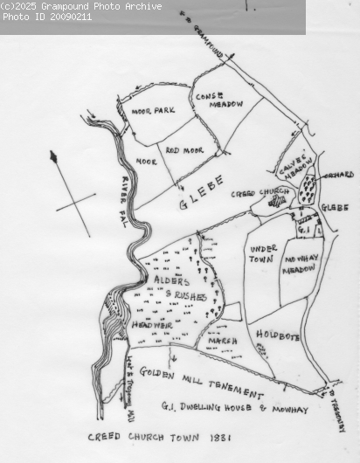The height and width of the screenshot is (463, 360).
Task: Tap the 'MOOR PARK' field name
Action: (153, 111)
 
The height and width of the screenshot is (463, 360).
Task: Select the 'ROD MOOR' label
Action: (184, 150)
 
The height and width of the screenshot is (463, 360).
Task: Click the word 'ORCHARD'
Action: (339, 175)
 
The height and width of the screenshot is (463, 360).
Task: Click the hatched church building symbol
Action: (278, 201)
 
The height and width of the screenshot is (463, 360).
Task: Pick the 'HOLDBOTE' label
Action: (279, 332)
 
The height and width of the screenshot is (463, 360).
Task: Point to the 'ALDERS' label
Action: (171, 280)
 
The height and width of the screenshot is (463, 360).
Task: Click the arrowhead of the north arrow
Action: (53, 157)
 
